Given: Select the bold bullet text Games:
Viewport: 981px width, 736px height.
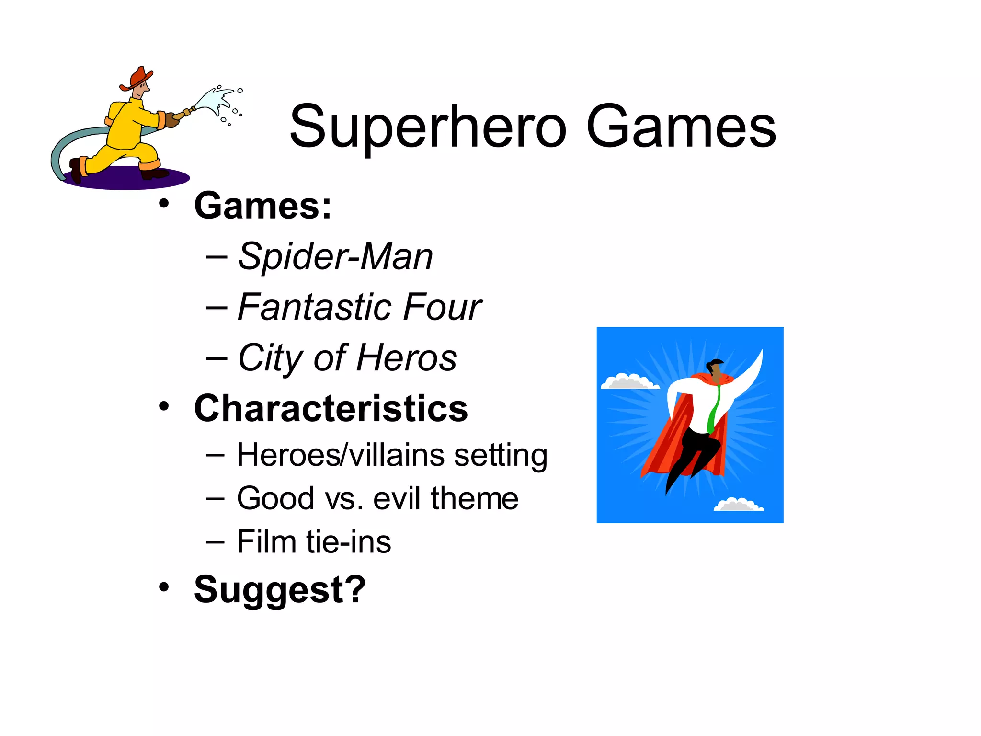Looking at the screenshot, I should click(x=262, y=206).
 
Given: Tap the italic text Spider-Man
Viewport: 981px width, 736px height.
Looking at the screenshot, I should click(x=335, y=257).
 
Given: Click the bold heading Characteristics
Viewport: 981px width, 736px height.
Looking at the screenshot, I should click(x=331, y=409).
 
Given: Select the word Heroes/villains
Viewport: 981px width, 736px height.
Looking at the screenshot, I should click(x=340, y=455).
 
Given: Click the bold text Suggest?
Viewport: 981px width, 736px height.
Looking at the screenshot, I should click(x=280, y=590).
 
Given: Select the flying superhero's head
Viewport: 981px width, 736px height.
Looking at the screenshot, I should click(x=717, y=368).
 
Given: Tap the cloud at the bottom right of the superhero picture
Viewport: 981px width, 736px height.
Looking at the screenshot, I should click(x=738, y=505).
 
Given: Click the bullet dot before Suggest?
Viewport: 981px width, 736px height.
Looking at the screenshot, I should click(x=164, y=586).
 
